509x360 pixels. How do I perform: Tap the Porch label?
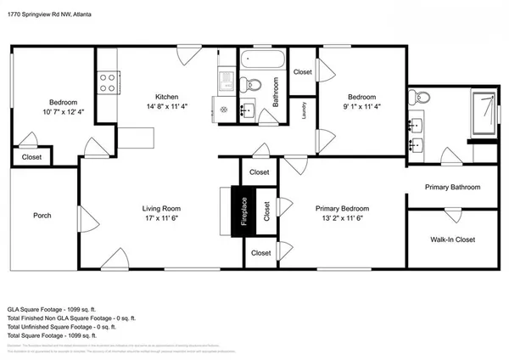point(42,215)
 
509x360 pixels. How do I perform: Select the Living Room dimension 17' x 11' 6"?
point(161,219)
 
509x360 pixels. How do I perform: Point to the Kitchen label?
point(166,96)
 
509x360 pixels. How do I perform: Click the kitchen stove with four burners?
point(108,82)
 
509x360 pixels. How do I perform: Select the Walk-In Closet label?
point(450,239)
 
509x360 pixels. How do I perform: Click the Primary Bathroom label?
point(452,188)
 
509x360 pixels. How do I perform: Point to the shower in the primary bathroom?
point(484,112)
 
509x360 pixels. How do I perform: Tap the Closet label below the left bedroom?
point(31,157)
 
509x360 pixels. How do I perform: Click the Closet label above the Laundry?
point(303,72)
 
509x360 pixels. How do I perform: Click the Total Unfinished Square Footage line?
point(67,326)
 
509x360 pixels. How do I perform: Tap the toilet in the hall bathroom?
point(252,83)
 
